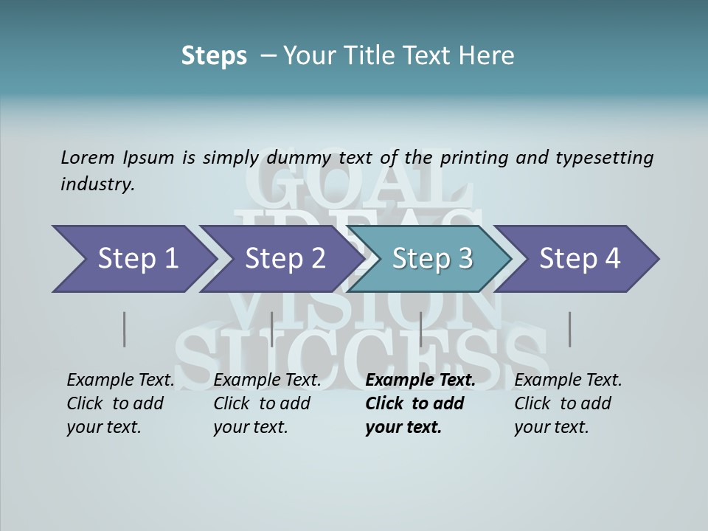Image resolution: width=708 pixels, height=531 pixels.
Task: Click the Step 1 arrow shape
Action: [133, 258]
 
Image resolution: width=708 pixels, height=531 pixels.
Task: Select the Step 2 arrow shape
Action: [280, 258]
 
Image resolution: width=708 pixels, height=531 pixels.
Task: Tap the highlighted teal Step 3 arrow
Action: [431, 258]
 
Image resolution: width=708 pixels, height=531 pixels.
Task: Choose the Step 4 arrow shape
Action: [580, 258]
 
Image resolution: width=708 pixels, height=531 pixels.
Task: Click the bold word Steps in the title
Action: [214, 56]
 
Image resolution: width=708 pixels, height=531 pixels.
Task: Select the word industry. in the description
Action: [97, 184]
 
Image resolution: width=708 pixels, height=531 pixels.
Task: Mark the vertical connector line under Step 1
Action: [124, 329]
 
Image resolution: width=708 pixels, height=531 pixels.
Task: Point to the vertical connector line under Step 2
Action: [272, 329]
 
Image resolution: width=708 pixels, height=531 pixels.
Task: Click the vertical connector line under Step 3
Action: [420, 329]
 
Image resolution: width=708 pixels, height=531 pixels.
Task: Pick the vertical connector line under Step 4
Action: [569, 329]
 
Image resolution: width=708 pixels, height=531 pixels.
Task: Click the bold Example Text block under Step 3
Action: [420, 403]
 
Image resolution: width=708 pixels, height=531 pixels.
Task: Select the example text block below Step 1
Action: [120, 403]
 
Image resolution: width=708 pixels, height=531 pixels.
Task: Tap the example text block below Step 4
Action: [568, 403]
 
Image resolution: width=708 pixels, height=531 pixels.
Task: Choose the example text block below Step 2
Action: [267, 403]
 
